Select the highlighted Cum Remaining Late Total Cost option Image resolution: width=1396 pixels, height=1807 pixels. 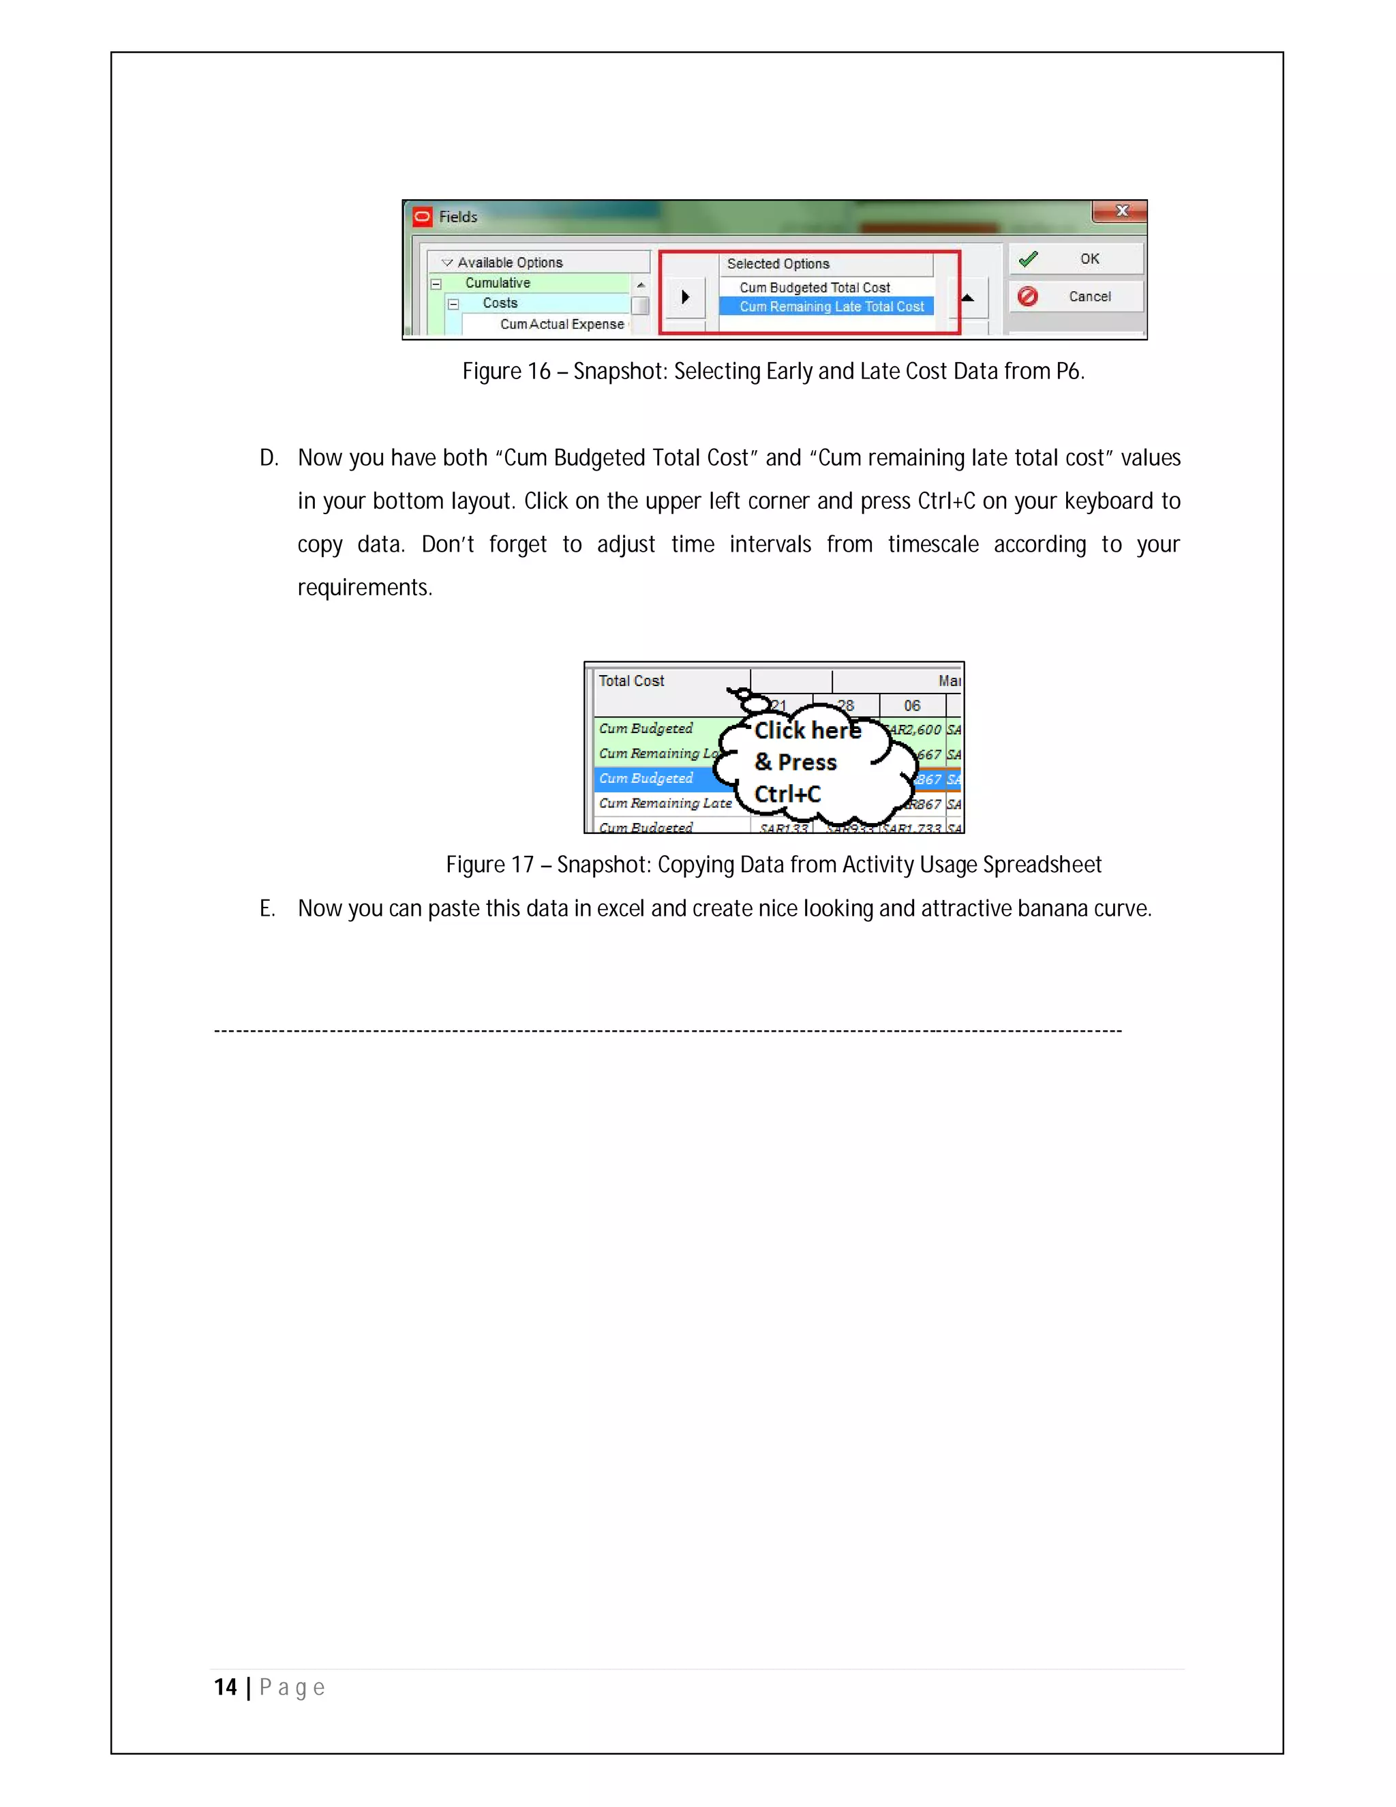click(830, 306)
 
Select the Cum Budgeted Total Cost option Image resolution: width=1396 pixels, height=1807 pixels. click(814, 287)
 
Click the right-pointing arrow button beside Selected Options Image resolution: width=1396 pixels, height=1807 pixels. click(685, 296)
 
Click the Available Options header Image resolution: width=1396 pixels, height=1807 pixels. click(509, 263)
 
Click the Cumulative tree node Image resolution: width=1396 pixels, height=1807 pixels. click(497, 283)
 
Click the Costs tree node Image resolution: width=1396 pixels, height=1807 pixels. click(500, 303)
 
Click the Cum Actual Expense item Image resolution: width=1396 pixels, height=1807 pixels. click(562, 325)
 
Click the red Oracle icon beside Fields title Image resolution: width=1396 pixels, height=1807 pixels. click(423, 217)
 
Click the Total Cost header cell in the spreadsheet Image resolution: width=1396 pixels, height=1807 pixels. click(631, 681)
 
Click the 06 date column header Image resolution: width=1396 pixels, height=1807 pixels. click(911, 706)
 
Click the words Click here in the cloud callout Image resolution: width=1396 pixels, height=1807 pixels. click(807, 730)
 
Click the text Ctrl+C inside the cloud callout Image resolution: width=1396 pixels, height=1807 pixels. click(787, 794)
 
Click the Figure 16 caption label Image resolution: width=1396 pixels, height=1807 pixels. click(506, 372)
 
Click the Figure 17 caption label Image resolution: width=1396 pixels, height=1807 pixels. click(489, 865)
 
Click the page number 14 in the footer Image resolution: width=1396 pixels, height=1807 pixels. click(225, 1687)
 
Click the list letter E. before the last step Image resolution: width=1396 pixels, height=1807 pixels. click(267, 908)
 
